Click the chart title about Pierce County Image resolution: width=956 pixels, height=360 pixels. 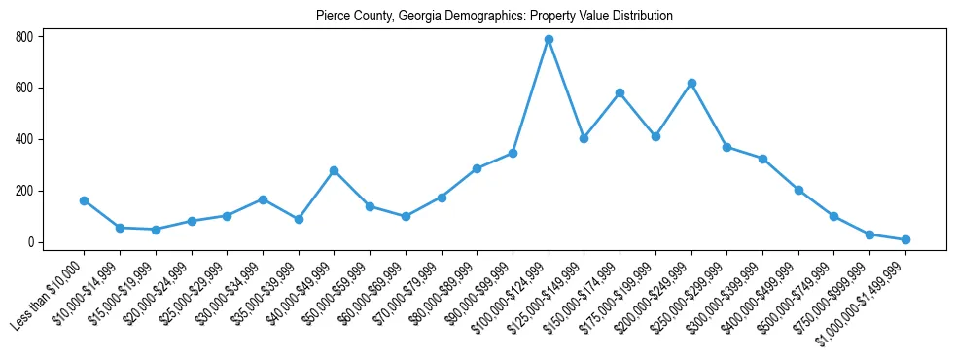point(494,17)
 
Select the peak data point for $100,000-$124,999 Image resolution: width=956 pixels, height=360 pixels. point(549,40)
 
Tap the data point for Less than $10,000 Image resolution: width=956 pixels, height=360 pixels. point(84,200)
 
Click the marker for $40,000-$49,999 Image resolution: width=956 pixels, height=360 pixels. point(334,171)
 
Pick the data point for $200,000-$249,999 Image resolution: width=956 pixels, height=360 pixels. point(691,84)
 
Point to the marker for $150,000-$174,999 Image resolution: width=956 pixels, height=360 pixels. point(620,93)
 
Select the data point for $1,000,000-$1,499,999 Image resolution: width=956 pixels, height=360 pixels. point(905,239)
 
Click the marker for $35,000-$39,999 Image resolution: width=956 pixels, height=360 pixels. point(299,219)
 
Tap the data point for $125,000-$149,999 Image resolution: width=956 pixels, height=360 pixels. point(584,138)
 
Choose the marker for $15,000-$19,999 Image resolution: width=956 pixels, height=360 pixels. point(156,230)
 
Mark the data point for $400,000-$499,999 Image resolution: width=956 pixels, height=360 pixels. point(798,191)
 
